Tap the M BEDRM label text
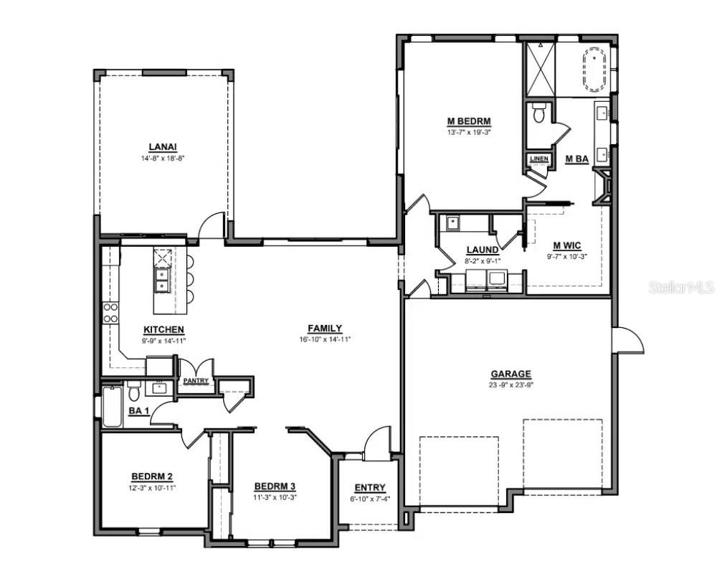pyautogui.click(x=464, y=121)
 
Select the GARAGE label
pyautogui.click(x=511, y=374)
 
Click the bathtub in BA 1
pyautogui.click(x=111, y=406)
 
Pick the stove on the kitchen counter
pyautogui.click(x=111, y=312)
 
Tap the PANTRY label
pyautogui.click(x=196, y=381)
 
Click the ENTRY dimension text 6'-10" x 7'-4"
pyautogui.click(x=370, y=499)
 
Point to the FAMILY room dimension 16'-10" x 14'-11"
pyautogui.click(x=325, y=339)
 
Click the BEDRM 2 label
pyautogui.click(x=151, y=476)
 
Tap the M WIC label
pyautogui.click(x=566, y=245)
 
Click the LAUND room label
pyautogui.click(x=482, y=250)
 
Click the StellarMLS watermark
pyautogui.click(x=681, y=288)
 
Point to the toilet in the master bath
pyautogui.click(x=539, y=113)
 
